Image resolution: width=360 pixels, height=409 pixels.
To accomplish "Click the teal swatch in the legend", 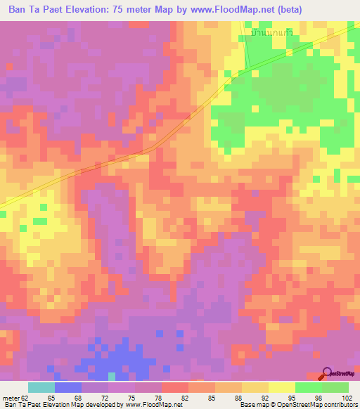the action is point(41,387).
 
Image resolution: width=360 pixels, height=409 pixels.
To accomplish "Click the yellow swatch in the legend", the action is point(282,387).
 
